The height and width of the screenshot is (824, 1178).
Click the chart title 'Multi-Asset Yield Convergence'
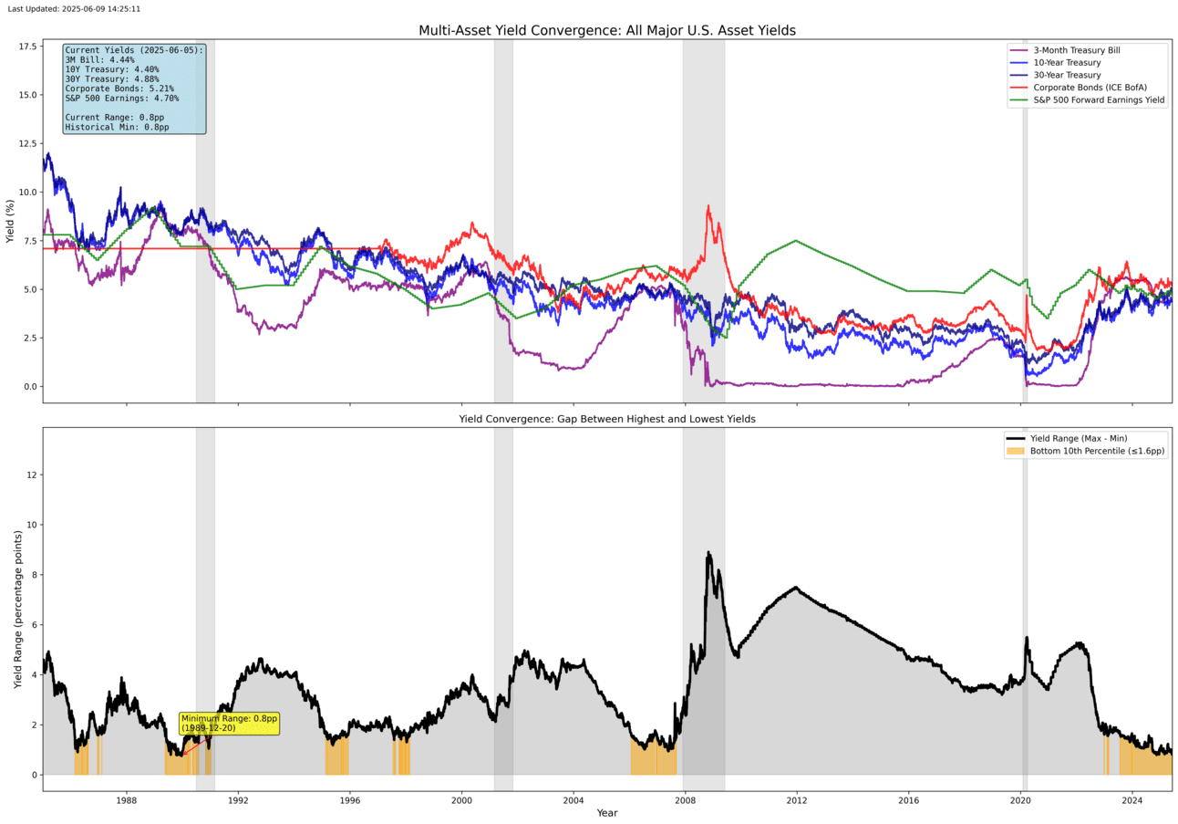coord(606,30)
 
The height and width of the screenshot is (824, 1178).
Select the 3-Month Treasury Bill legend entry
coord(1076,49)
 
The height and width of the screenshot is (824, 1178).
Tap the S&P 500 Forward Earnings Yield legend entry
coord(1098,100)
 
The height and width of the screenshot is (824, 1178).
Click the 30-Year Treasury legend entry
coord(1066,75)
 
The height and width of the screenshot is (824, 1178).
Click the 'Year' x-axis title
coord(606,813)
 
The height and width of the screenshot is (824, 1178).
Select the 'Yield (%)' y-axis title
coord(10,221)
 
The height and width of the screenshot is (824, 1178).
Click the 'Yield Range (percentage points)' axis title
coord(17,609)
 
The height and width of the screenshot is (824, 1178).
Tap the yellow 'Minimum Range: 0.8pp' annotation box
coord(229,723)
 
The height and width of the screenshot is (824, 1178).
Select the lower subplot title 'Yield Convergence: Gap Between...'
coord(606,419)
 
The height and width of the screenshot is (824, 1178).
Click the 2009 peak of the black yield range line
coord(708,553)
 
